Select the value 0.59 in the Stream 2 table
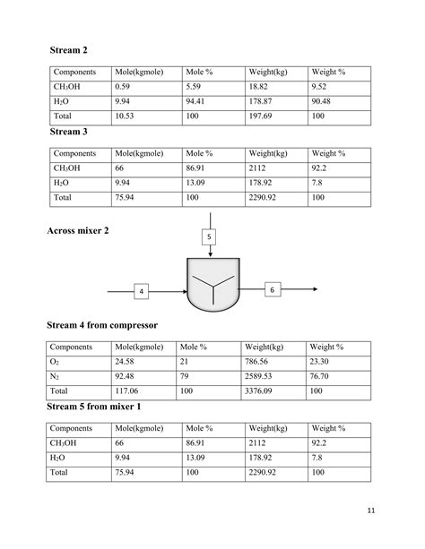(x=123, y=87)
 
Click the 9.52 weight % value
(x=321, y=87)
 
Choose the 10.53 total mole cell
(x=125, y=117)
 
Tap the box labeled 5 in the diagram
(x=209, y=237)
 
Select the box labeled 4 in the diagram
(x=142, y=292)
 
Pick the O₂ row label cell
(x=55, y=361)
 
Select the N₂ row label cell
(x=55, y=376)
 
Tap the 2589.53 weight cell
(x=261, y=376)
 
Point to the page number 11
(x=372, y=510)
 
